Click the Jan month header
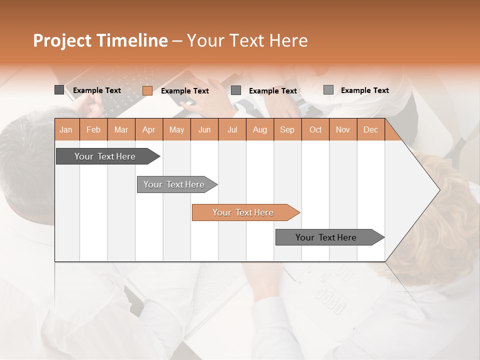pyautogui.click(x=66, y=129)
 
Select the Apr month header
pyautogui.click(x=149, y=129)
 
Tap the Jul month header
pyautogui.click(x=232, y=129)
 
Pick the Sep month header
pyautogui.click(x=287, y=129)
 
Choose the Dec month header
pyautogui.click(x=370, y=129)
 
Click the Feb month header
pyautogui.click(x=93, y=129)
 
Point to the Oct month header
pyautogui.click(x=315, y=129)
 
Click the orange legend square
pyautogui.click(x=147, y=90)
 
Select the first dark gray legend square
pyautogui.click(x=59, y=90)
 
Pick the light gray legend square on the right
pyautogui.click(x=328, y=90)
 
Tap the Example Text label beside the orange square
pyautogui.click(x=185, y=91)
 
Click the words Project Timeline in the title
pyautogui.click(x=100, y=40)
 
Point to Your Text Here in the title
pyautogui.click(x=247, y=40)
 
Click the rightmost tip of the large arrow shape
pyautogui.click(x=439, y=190)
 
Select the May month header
pyautogui.click(x=176, y=129)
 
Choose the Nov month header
pyautogui.click(x=343, y=129)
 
